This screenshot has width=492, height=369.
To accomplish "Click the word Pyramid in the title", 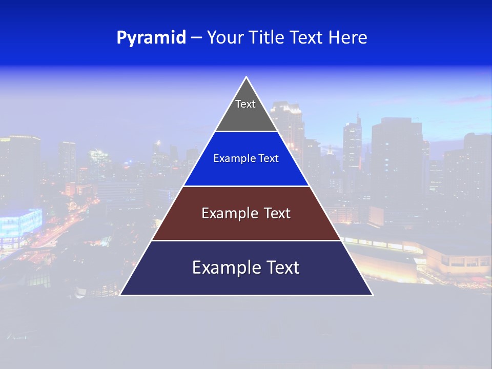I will pyautogui.click(x=151, y=38).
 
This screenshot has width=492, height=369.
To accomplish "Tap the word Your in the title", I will pyautogui.click(x=224, y=38).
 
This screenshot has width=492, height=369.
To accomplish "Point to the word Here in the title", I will pyautogui.click(x=348, y=38).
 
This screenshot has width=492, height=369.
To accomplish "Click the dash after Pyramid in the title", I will pyautogui.click(x=196, y=38).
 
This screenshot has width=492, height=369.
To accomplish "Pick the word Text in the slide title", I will pyautogui.click(x=307, y=38).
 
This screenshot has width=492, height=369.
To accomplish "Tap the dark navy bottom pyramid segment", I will pyautogui.click(x=246, y=282).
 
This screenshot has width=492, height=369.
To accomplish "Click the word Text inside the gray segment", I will pyautogui.click(x=245, y=104).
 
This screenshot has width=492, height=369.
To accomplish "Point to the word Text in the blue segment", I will pyautogui.click(x=269, y=159).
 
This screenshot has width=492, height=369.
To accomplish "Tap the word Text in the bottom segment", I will pyautogui.click(x=281, y=268).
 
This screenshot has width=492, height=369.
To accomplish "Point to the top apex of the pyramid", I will pyautogui.click(x=247, y=77).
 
